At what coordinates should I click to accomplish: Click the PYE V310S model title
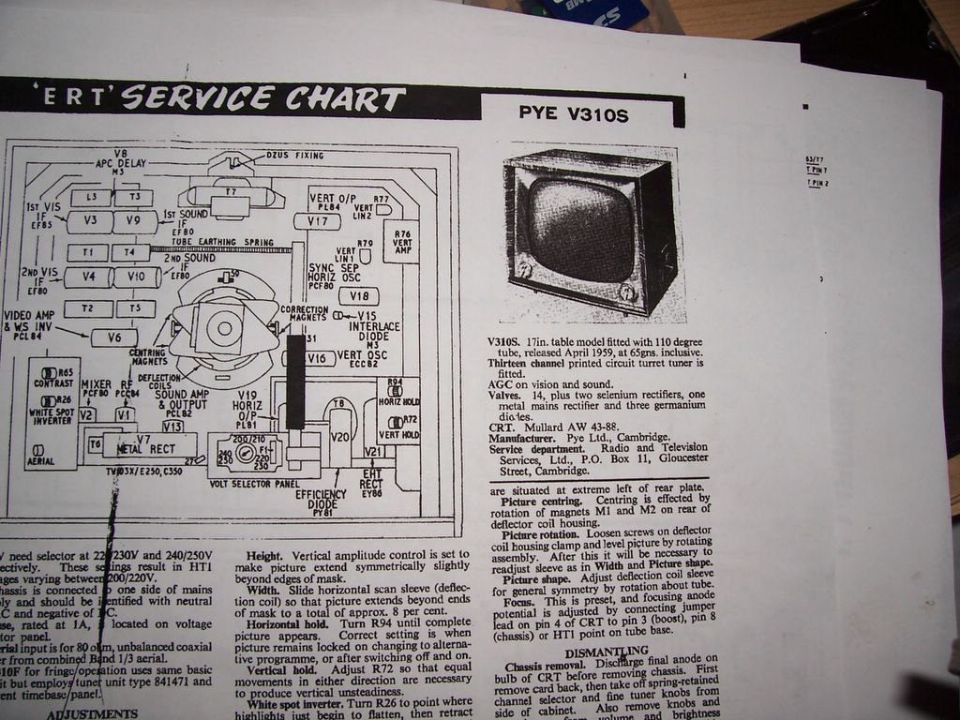[x=573, y=114]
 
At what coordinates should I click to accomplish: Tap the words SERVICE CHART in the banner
[x=263, y=98]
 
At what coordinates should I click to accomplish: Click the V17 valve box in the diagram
[x=317, y=221]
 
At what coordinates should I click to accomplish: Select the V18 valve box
[x=358, y=296]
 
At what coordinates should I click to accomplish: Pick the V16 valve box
[x=318, y=358]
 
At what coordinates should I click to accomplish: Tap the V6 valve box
[x=114, y=337]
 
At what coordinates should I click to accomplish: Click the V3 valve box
[x=90, y=220]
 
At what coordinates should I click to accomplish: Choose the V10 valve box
[x=136, y=277]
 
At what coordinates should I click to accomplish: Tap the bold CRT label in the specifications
[x=500, y=426]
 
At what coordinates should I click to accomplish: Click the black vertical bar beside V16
[x=295, y=381]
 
